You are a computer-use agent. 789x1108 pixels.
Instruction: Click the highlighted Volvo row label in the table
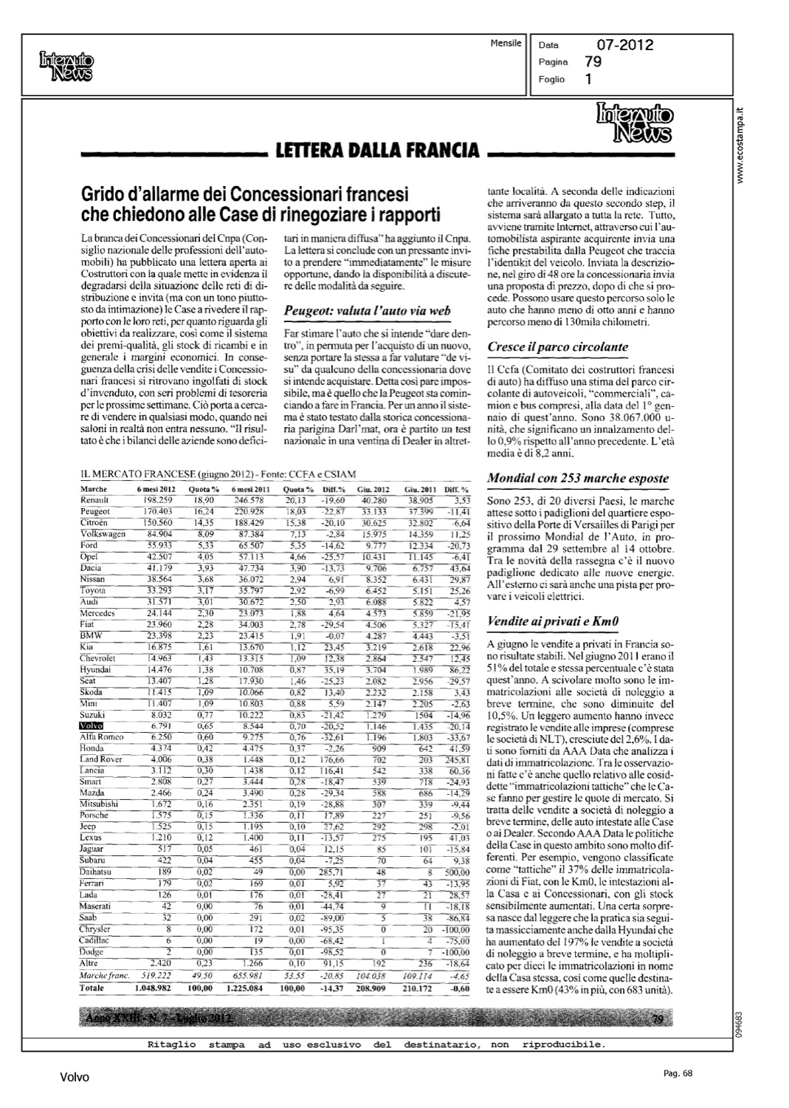pos(92,727)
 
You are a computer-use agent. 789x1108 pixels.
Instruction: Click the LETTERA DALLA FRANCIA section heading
pos(376,152)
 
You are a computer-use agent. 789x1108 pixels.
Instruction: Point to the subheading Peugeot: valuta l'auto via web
pos(367,311)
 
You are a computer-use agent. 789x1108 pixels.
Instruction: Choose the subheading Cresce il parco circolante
pos(558,346)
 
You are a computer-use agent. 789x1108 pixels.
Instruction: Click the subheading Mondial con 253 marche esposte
pos(578,478)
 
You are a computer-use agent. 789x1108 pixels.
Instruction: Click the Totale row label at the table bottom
pos(92,988)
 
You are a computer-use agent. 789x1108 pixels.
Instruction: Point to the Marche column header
pos(93,489)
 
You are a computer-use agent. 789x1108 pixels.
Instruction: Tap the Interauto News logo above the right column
pos(633,123)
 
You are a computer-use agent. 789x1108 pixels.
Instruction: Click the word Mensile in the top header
pos(506,44)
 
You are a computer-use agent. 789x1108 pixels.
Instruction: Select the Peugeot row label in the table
pos(95,511)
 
